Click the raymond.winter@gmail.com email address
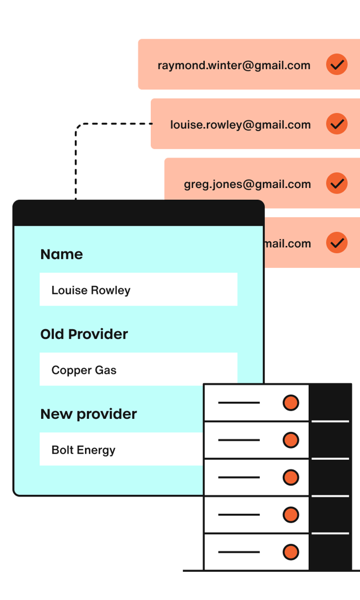tap(233, 65)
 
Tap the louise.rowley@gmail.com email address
tap(240, 125)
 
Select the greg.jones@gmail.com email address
tap(247, 184)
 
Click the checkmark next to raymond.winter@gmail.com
tap(336, 65)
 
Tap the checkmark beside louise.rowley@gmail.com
tap(336, 124)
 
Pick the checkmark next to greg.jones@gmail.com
tap(336, 183)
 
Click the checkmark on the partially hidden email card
tap(336, 243)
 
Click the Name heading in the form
tap(61, 254)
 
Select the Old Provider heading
tap(84, 334)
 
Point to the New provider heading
tap(88, 414)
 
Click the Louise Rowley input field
tap(138, 290)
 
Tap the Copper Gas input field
tap(138, 370)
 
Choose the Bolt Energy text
tap(83, 450)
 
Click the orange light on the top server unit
tap(290, 403)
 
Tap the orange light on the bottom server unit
tap(290, 552)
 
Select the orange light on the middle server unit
tap(290, 477)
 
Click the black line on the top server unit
tap(238, 403)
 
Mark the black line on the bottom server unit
tap(238, 552)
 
